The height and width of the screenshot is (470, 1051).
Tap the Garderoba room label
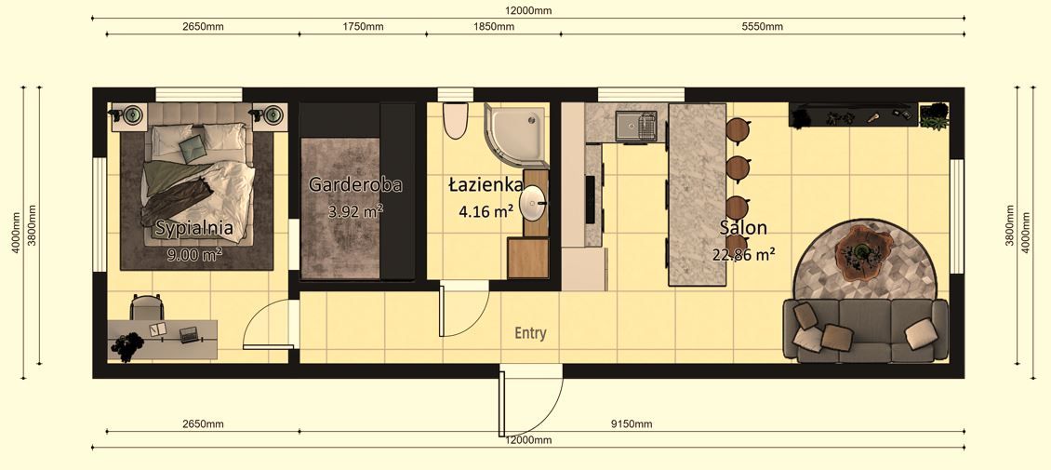355,184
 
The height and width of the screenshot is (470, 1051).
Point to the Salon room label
743,228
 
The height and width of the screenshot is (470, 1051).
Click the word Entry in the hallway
531,332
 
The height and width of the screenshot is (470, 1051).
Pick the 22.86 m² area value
743,253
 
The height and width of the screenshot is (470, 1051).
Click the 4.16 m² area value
486,211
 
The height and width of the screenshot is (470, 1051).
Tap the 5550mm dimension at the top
762,27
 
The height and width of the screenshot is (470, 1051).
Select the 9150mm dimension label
632,424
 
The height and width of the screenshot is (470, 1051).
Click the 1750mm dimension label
363,27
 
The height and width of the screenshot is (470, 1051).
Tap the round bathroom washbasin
533,204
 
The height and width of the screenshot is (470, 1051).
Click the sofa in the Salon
865,330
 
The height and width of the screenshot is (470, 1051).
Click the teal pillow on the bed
193,147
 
